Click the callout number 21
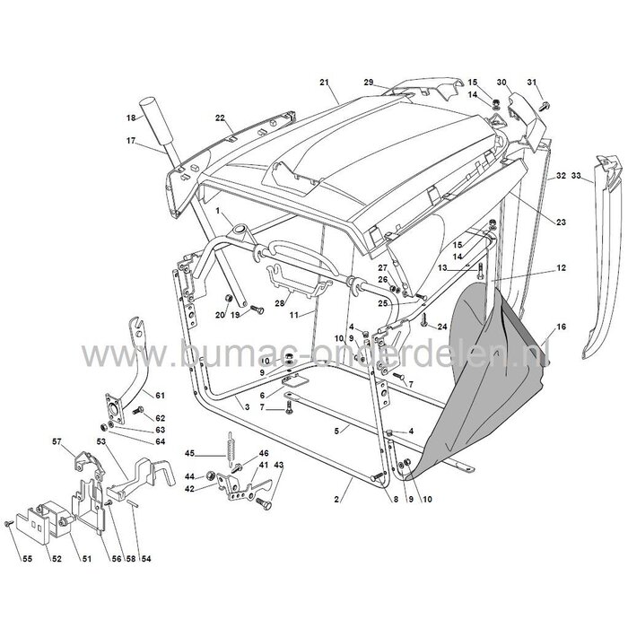pos(324,83)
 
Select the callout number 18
pos(131,118)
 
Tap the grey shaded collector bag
pos(489,377)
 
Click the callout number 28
pos(280,304)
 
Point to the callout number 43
pos(278,466)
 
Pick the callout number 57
pos(55,441)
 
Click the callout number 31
pos(530,83)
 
